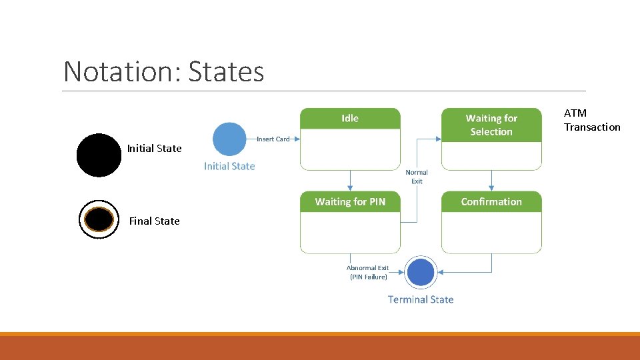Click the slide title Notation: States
click(163, 72)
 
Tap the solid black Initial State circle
click(99, 155)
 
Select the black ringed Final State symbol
click(99, 219)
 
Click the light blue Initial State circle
click(229, 139)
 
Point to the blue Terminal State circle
click(421, 273)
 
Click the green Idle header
click(350, 119)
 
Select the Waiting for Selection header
click(491, 125)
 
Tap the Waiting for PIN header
click(350, 201)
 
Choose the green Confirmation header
click(491, 201)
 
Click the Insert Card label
click(273, 139)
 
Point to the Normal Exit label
click(417, 177)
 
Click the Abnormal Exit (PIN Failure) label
click(368, 272)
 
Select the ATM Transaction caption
click(592, 120)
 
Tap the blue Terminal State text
click(421, 299)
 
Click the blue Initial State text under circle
click(229, 166)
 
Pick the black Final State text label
click(154, 221)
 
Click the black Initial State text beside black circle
click(154, 149)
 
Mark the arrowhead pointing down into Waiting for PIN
click(350, 189)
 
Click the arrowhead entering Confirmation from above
click(491, 189)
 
